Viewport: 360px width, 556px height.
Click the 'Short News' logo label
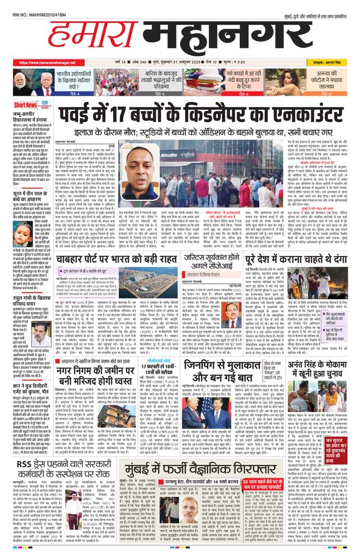26,105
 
